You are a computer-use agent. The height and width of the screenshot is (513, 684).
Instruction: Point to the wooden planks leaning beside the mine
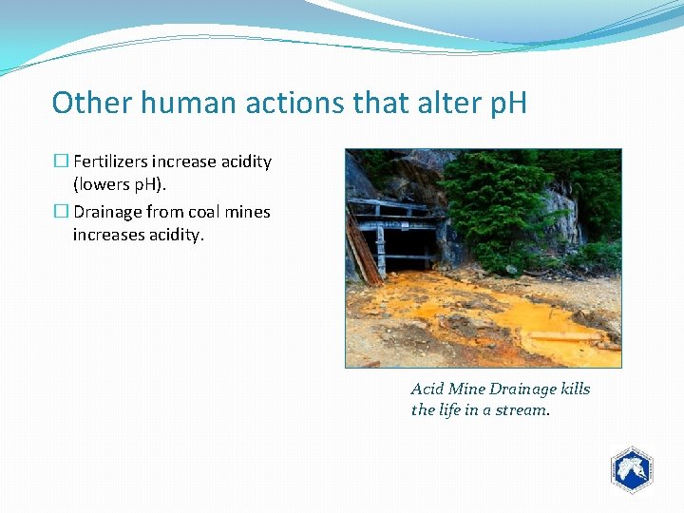362,253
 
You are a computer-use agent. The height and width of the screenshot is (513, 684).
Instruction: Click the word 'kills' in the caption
574,389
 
